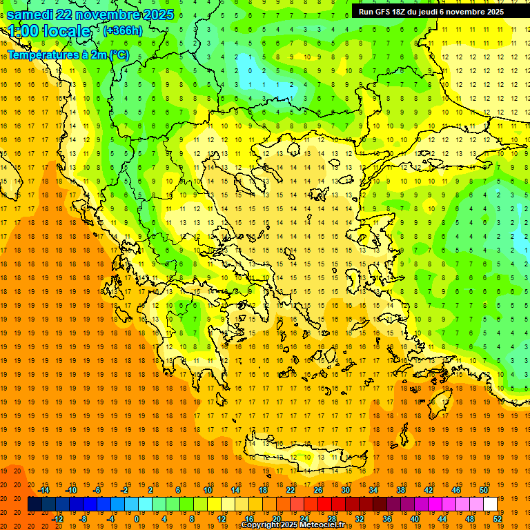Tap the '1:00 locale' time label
click(x=50, y=31)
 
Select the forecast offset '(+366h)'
click(x=123, y=30)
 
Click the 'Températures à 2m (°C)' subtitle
click(x=68, y=55)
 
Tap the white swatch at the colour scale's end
click(x=490, y=504)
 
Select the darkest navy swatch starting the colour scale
click(x=35, y=504)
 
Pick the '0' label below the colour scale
click(x=137, y=519)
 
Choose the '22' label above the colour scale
click(x=291, y=490)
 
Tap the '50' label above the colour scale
click(x=484, y=490)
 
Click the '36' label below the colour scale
click(x=387, y=519)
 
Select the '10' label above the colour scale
click(x=208, y=490)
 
